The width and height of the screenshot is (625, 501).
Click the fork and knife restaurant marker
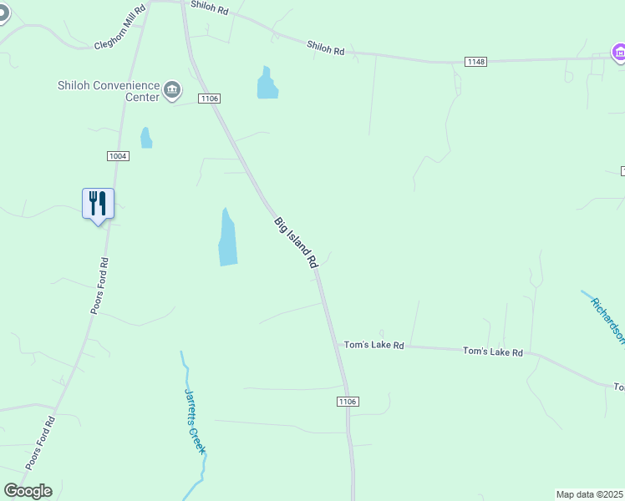click(98, 203)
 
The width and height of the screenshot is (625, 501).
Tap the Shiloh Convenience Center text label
click(107, 90)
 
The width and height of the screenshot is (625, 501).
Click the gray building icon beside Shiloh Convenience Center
click(172, 89)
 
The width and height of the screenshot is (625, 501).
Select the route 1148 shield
click(475, 61)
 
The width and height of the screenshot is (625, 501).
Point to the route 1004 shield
click(117, 156)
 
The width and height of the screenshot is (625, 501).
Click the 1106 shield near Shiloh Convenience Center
click(209, 99)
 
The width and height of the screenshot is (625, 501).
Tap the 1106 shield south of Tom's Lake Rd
click(348, 402)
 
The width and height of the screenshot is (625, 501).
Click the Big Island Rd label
click(297, 242)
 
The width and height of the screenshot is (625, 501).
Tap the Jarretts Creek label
click(195, 422)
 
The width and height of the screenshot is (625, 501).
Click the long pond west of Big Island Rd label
click(227, 238)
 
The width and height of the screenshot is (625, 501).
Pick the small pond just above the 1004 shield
click(146, 138)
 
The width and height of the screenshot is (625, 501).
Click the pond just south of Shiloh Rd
click(267, 83)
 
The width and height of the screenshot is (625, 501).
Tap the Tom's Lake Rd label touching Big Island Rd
click(374, 345)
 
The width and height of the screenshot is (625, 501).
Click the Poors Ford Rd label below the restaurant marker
click(99, 286)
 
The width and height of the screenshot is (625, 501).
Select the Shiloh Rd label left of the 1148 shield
click(325, 49)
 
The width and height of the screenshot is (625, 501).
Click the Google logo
click(28, 491)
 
